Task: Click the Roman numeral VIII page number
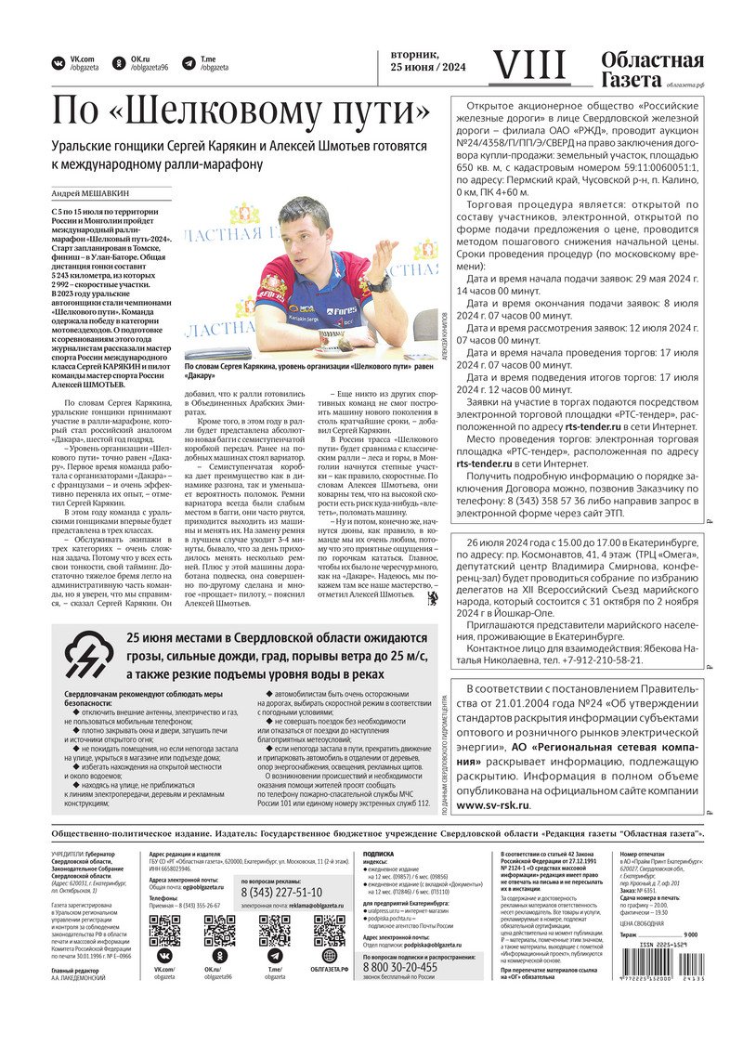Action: pyautogui.click(x=528, y=66)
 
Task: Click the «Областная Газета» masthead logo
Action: pyautogui.click(x=652, y=70)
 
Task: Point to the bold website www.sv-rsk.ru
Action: pyautogui.click(x=493, y=804)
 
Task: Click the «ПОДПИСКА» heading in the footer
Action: pyautogui.click(x=378, y=853)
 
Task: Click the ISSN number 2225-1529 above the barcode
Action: pyautogui.click(x=666, y=945)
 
